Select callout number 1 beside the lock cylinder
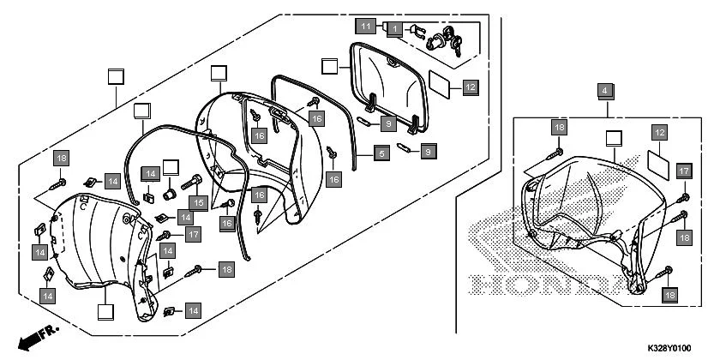pyautogui.click(x=394, y=28)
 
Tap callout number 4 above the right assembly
pyautogui.click(x=605, y=90)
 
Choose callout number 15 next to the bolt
pyautogui.click(x=200, y=202)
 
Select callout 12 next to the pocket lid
pyautogui.click(x=470, y=86)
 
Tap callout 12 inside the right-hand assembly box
pyautogui.click(x=659, y=133)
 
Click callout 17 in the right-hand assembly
pyautogui.click(x=684, y=171)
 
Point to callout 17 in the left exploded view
pyautogui.click(x=193, y=233)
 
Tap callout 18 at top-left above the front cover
pyautogui.click(x=61, y=158)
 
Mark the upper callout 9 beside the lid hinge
pyautogui.click(x=388, y=124)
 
